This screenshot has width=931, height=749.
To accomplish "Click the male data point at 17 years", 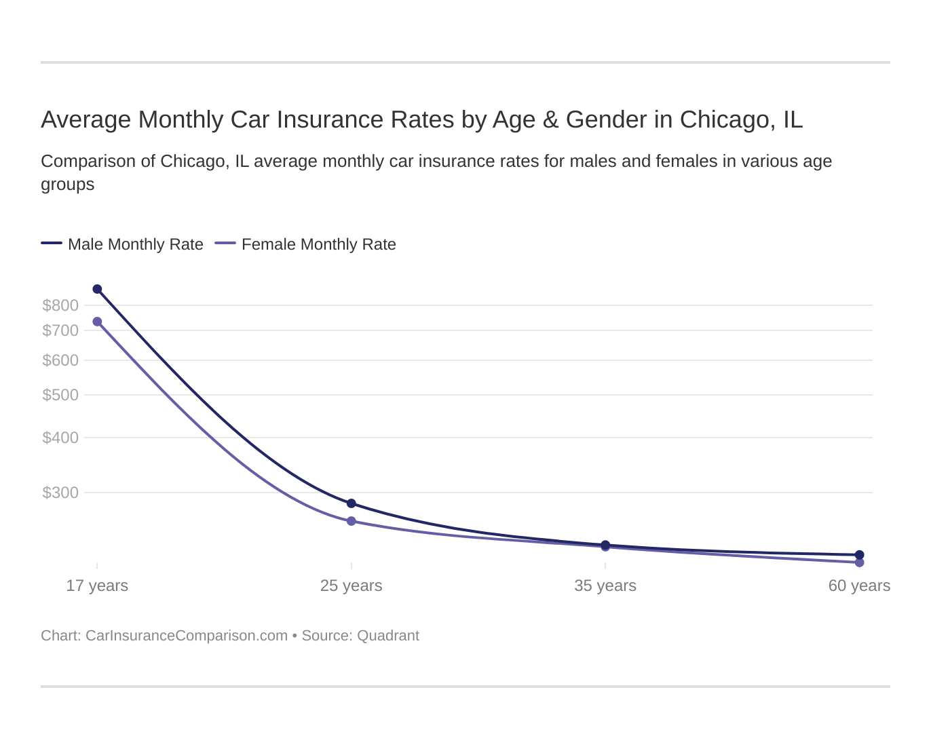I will [97, 289].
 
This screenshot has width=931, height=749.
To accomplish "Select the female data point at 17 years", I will [97, 322].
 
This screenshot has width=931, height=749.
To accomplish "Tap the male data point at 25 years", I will [351, 503].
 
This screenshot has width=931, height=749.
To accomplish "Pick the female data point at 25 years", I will [351, 521].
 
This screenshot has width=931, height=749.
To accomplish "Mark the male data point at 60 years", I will [859, 555].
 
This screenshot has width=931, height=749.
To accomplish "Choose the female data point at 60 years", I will [859, 562].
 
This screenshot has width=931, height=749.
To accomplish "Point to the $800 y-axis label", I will [60, 305].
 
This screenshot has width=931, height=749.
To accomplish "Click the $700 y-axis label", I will [60, 330].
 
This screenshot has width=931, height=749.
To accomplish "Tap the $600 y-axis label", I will [60, 360].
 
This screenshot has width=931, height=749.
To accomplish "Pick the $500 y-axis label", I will [60, 395].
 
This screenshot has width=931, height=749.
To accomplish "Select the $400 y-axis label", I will [60, 438].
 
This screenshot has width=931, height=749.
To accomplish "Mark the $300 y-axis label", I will [60, 493].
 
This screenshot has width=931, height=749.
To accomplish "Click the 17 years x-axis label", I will [97, 585].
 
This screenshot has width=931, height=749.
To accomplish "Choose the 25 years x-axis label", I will [351, 585].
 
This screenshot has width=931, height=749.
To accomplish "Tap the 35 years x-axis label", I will [605, 585].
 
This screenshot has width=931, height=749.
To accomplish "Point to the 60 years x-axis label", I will [859, 585].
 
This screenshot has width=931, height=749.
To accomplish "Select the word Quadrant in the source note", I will [387, 636].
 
